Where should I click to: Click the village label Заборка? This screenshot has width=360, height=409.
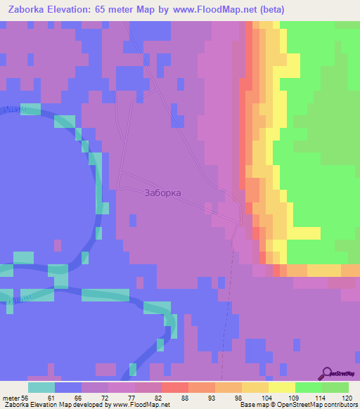tap(162, 193)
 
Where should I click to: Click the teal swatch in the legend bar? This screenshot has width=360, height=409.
tap(41, 387)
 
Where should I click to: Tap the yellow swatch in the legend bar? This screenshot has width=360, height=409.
tap(282, 387)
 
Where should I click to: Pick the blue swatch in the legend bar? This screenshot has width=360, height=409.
tap(68, 387)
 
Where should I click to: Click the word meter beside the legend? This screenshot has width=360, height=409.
tap(11, 398)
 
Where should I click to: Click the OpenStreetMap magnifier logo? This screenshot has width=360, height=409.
tap(327, 372)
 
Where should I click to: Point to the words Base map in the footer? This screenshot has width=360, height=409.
tap(252, 405)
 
